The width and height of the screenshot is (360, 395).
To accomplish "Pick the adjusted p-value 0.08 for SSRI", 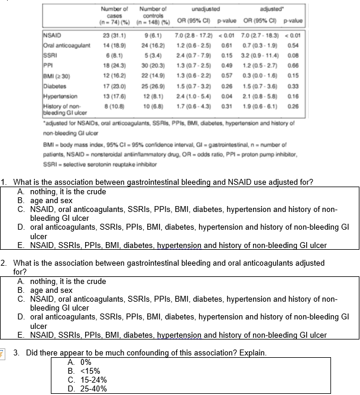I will [294, 53].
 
